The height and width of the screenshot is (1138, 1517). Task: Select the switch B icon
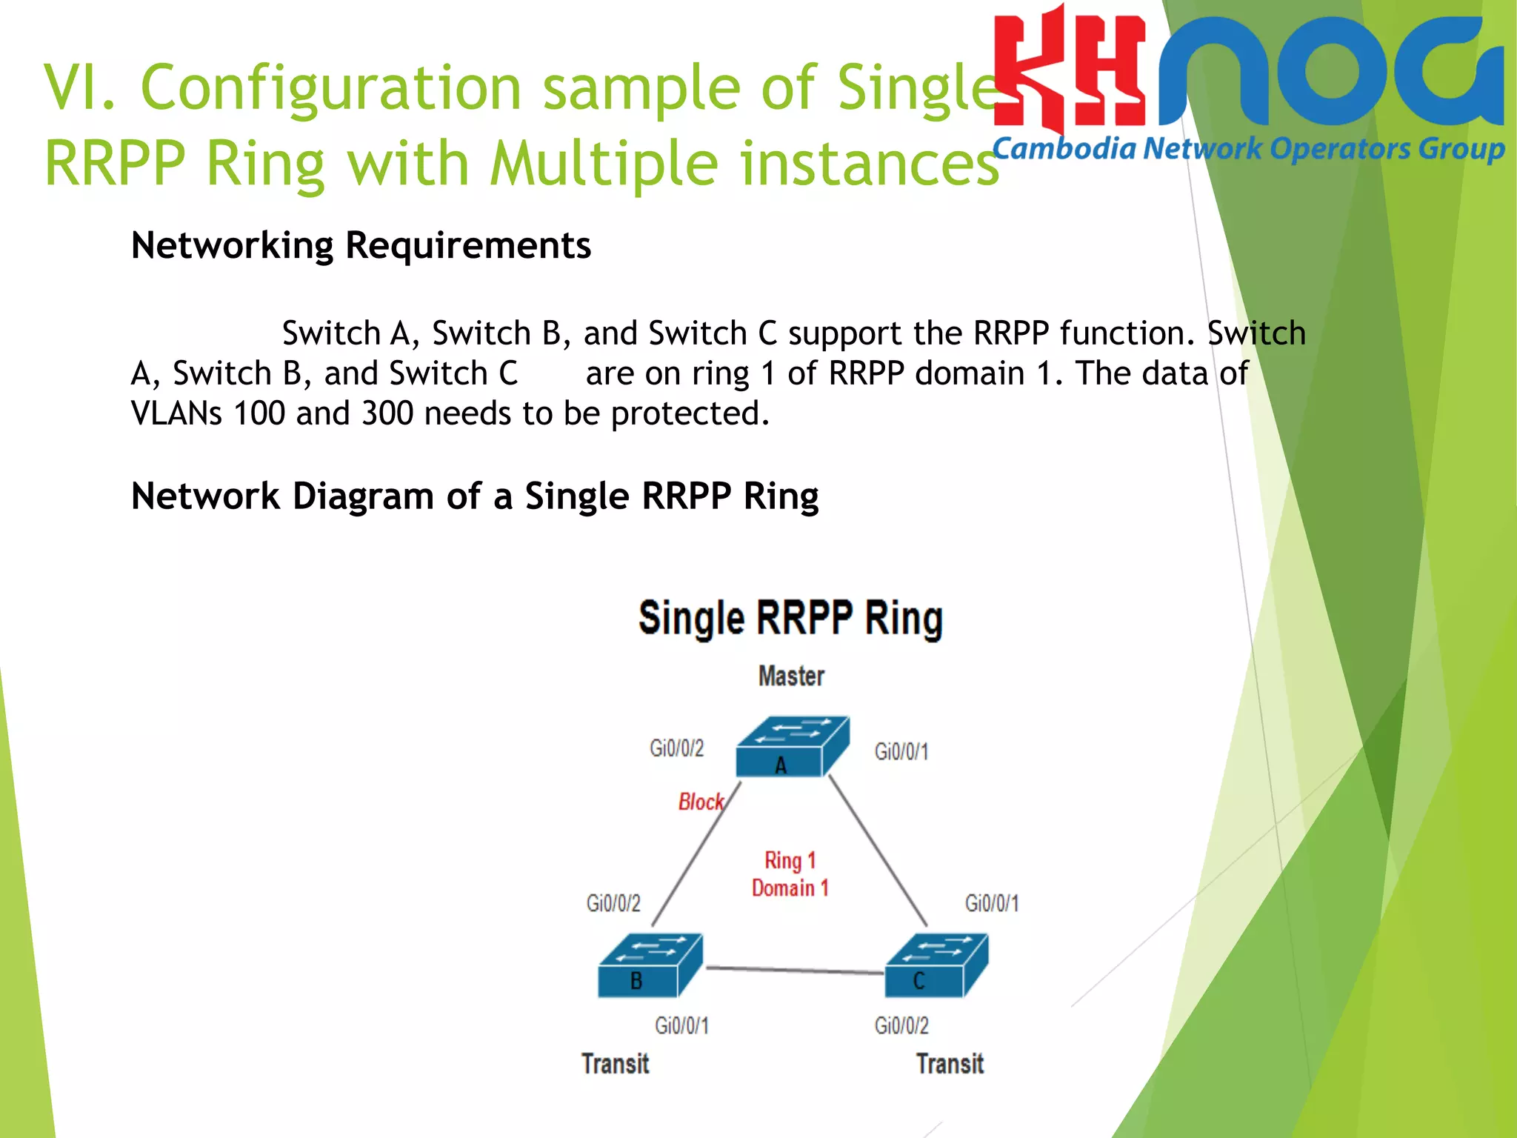coord(650,965)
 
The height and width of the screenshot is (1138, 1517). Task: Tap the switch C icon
coord(936,965)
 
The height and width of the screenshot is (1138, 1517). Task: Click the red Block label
coord(700,802)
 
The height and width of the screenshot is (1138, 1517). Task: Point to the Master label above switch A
coord(791,676)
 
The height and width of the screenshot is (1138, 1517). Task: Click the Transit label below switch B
coord(615,1064)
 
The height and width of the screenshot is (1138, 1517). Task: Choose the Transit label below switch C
coord(950,1064)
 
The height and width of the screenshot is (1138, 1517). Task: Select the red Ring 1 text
coord(790,860)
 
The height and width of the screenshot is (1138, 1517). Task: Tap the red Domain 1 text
coord(790,888)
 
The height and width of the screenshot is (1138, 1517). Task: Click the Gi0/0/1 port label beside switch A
coord(901,752)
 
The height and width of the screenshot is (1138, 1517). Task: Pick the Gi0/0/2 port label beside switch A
coord(676,748)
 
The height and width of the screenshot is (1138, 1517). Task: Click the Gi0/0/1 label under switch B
coord(681,1025)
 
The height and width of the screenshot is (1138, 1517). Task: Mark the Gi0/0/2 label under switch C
coord(901,1025)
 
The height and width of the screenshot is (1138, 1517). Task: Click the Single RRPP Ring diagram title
coord(790,619)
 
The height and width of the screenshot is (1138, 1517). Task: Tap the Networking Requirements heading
coord(361,245)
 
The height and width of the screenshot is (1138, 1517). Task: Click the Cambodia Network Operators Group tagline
coord(1247,150)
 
